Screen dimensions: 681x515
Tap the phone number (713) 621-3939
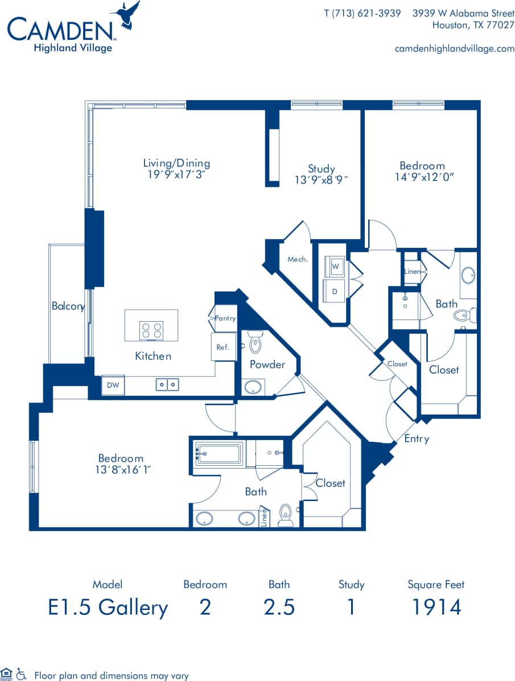click(x=362, y=13)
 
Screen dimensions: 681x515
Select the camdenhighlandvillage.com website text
click(x=454, y=48)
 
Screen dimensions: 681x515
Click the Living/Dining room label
click(x=176, y=163)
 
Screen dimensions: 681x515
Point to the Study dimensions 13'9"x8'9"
click(x=322, y=179)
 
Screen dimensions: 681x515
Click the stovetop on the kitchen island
click(x=151, y=330)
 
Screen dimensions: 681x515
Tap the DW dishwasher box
click(x=113, y=385)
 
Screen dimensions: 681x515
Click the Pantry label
click(x=225, y=318)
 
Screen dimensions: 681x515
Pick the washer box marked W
click(x=335, y=266)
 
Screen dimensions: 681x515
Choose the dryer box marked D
click(x=335, y=290)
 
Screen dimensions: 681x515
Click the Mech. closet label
click(x=298, y=259)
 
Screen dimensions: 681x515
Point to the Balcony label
click(x=68, y=306)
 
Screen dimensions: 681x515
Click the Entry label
click(x=417, y=438)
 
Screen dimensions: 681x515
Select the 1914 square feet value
click(x=436, y=607)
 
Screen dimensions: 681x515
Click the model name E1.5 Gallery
click(x=108, y=607)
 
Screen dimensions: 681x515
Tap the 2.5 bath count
click(x=279, y=607)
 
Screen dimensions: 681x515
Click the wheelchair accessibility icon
click(x=22, y=675)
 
